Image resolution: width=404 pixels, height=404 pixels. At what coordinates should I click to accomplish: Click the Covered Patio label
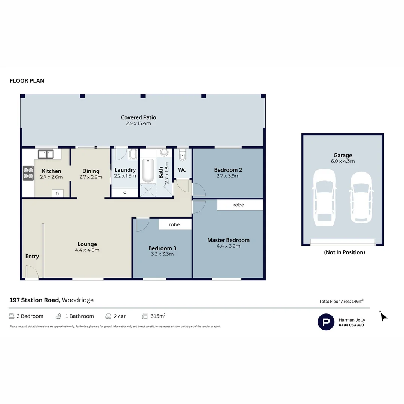point(138,117)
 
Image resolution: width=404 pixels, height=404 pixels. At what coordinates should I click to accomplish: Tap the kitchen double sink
point(46,154)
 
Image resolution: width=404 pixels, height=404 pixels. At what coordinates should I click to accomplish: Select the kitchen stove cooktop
point(28,173)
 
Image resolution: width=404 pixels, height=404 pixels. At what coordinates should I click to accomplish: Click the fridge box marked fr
point(58,193)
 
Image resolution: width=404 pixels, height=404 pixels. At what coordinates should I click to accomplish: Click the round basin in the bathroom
point(164,153)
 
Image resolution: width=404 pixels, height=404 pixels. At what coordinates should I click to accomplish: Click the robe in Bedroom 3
point(175,224)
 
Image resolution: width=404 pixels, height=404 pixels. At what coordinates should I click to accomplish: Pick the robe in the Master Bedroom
point(239,205)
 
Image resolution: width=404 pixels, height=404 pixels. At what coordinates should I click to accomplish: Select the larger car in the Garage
point(324,197)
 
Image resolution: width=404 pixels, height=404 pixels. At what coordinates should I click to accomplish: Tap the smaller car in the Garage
point(361,197)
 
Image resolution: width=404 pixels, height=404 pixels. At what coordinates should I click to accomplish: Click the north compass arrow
point(383,317)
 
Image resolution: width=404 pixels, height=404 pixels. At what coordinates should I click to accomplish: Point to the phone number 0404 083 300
point(351,325)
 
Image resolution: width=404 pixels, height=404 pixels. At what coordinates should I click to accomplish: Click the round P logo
point(326,322)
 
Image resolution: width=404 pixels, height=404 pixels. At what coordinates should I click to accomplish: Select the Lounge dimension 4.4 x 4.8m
point(87,250)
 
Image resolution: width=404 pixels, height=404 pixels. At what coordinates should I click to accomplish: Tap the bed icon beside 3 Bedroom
point(12,316)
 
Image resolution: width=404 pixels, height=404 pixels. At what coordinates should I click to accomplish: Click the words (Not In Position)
point(344,252)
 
